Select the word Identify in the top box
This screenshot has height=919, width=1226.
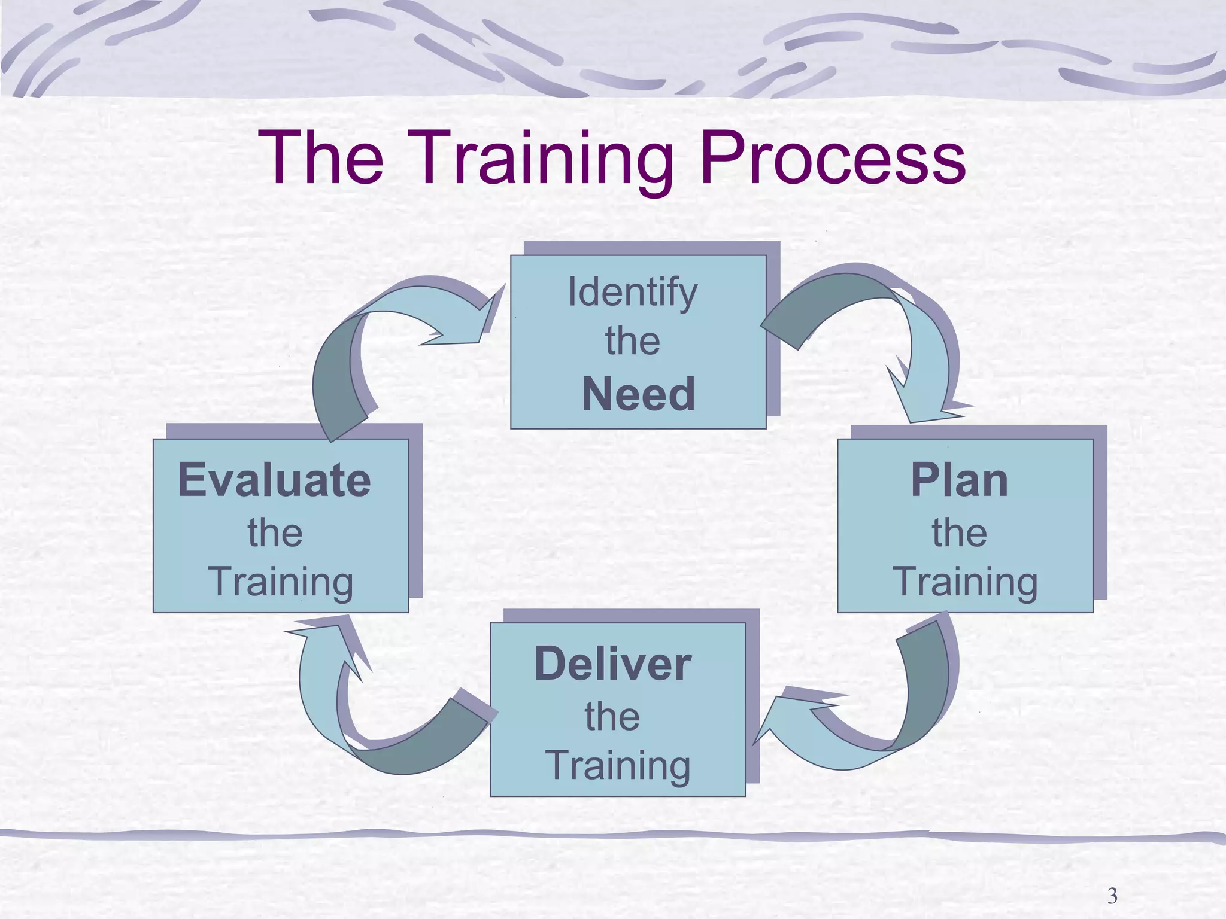(x=632, y=292)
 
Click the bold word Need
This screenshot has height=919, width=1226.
(x=638, y=394)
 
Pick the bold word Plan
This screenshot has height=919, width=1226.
(x=959, y=480)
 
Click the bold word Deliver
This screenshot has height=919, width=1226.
(x=612, y=664)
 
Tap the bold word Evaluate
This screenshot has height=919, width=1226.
(x=275, y=480)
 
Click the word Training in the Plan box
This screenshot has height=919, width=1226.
(x=965, y=582)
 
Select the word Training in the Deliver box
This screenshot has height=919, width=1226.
(x=618, y=765)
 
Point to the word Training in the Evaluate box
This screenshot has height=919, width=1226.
(x=281, y=582)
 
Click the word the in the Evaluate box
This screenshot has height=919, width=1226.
(x=275, y=532)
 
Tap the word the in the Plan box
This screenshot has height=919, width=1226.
(x=959, y=532)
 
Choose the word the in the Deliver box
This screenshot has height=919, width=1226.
(x=612, y=716)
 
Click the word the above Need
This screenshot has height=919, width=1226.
(x=632, y=341)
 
